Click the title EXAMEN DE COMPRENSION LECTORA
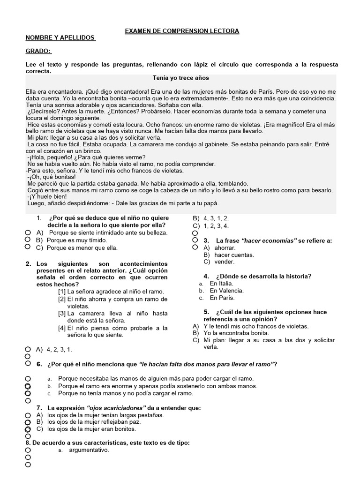(182, 31)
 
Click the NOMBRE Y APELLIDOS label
(60, 37)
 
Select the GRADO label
(39, 51)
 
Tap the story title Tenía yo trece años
(181, 78)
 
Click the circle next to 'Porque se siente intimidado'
(28, 232)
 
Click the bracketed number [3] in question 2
(62, 313)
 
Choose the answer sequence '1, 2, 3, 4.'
(216, 225)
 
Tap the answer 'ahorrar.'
(225, 247)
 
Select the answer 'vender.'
(224, 262)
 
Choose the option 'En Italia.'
(221, 284)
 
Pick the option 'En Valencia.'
(226, 291)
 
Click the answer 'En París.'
(222, 298)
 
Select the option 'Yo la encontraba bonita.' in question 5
(236, 333)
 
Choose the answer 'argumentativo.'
(89, 450)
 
